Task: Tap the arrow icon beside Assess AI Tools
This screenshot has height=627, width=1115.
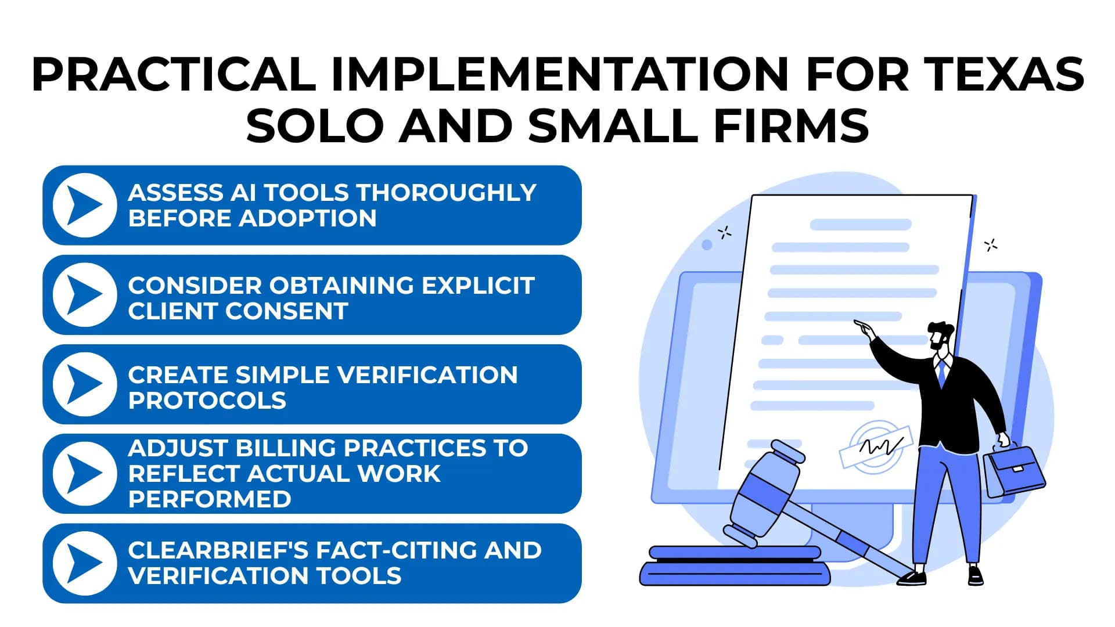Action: click(85, 205)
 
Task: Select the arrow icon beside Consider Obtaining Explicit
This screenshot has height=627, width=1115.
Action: click(85, 294)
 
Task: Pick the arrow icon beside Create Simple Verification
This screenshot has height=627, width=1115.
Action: click(85, 384)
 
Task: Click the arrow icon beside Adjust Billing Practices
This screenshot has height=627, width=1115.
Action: click(85, 473)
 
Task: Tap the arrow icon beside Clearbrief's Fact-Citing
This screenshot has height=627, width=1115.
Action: click(85, 563)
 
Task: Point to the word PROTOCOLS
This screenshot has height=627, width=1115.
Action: click(207, 401)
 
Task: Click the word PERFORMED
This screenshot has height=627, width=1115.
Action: click(210, 499)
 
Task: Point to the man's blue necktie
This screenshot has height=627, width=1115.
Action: click(942, 374)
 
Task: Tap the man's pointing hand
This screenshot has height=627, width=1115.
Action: click(864, 329)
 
